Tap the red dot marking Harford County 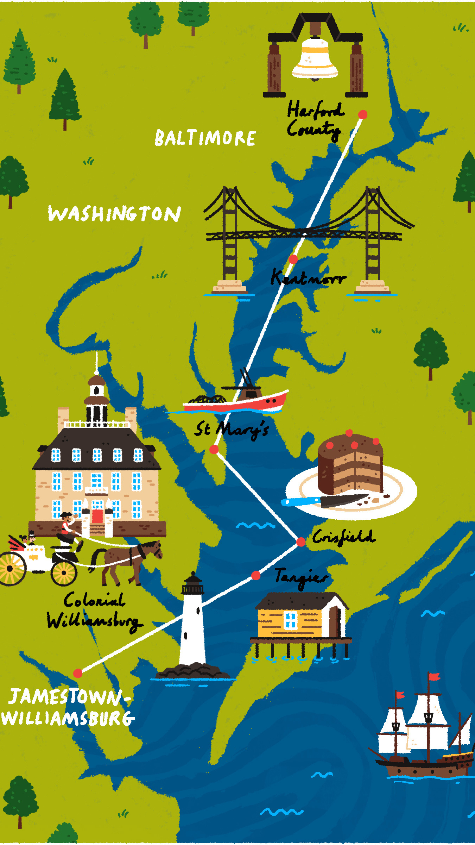[x=363, y=114]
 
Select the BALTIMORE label [x=205, y=138]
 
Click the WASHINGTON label [x=114, y=214]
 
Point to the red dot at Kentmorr [x=293, y=259]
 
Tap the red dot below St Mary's [x=214, y=449]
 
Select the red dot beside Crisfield [x=301, y=542]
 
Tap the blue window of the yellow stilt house [x=290, y=620]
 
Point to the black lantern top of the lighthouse [x=192, y=585]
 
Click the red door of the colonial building [x=97, y=516]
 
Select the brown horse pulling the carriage [x=127, y=560]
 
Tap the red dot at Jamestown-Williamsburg [x=78, y=673]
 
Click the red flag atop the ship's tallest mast [x=435, y=676]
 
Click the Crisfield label [x=343, y=537]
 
